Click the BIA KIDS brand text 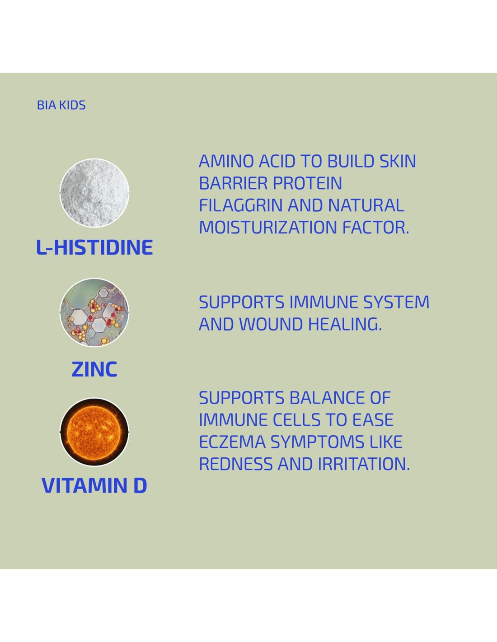coord(61,105)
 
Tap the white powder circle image coord(94,193)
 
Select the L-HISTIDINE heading coord(94,247)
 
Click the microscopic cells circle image coord(94,312)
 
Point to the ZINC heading coord(94,369)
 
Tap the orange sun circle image coord(94,432)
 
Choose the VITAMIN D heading coord(94,485)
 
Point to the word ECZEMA coord(232,442)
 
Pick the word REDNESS coord(236,464)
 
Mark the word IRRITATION coord(364,464)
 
